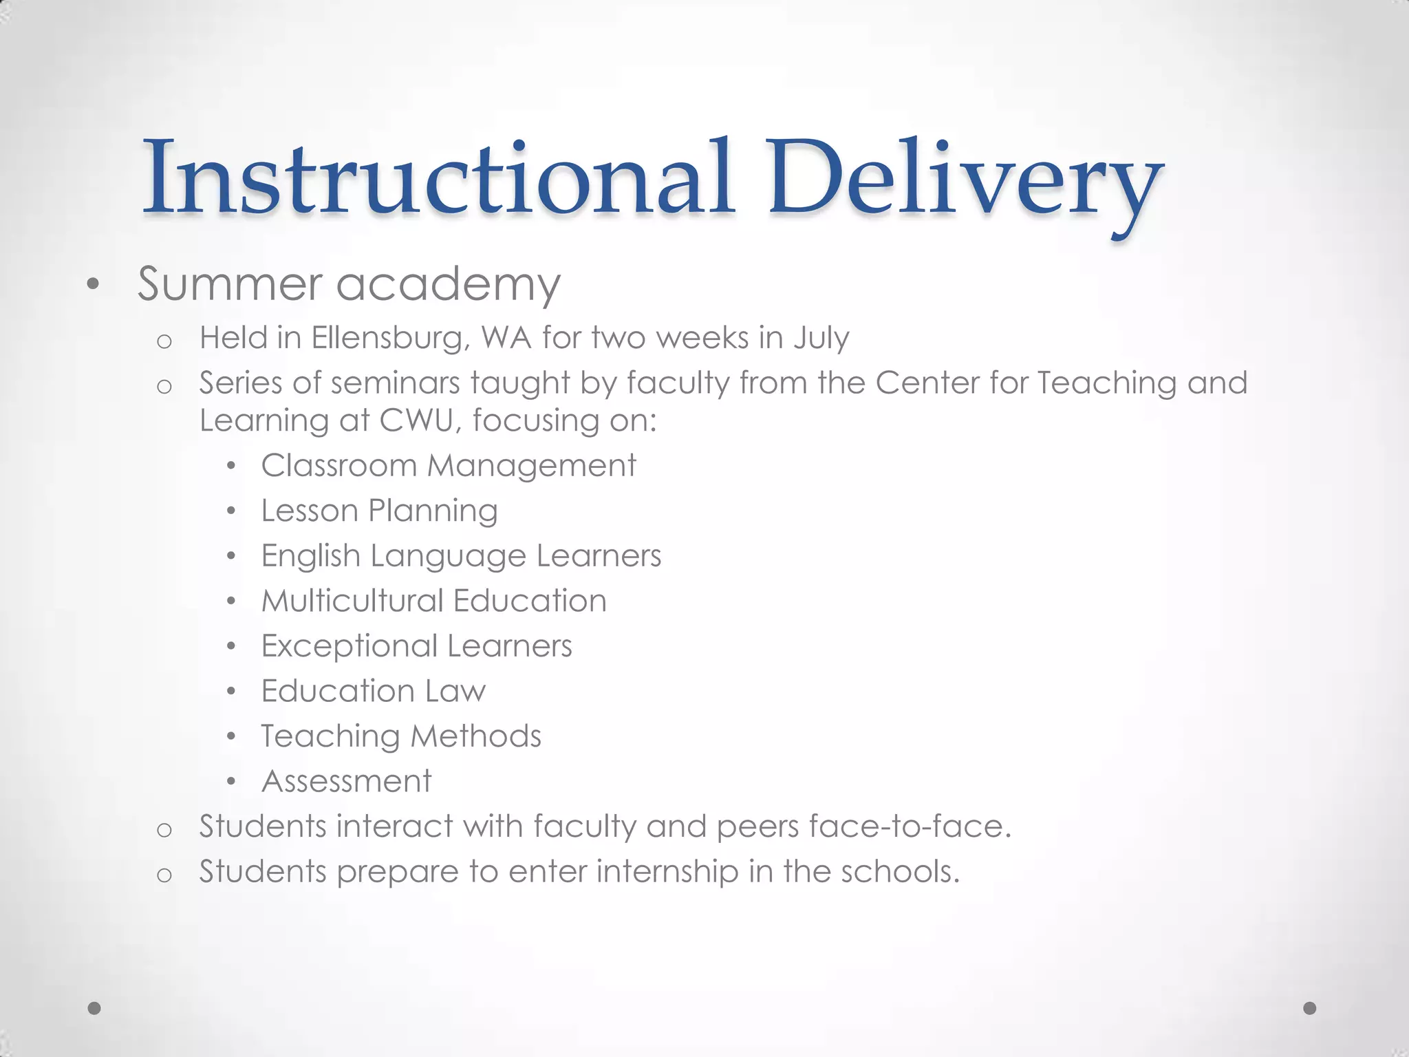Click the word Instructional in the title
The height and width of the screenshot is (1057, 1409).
[x=438, y=178]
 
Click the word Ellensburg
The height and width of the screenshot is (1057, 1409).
[x=390, y=339]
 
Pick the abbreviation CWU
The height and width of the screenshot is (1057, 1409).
[x=416, y=420]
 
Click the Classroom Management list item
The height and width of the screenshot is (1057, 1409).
[x=449, y=466]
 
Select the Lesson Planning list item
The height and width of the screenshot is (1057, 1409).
[x=379, y=511]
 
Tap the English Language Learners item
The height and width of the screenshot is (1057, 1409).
[x=461, y=556]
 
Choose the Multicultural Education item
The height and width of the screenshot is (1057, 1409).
[x=433, y=601]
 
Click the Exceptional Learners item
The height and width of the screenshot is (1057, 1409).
[x=416, y=646]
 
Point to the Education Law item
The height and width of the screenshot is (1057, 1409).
[x=373, y=691]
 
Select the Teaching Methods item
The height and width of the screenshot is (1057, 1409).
[x=401, y=736]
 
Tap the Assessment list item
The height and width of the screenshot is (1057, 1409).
[x=346, y=781]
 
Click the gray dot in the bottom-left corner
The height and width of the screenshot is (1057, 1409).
[x=95, y=1008]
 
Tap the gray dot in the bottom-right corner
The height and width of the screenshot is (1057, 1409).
[x=1310, y=1008]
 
